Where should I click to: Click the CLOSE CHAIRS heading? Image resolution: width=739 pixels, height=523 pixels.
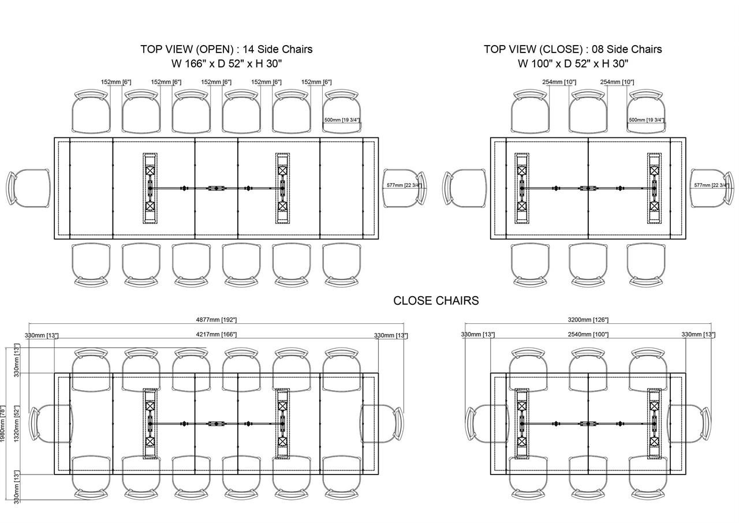pyautogui.click(x=436, y=300)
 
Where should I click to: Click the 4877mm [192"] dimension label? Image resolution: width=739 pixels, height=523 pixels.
pyautogui.click(x=217, y=320)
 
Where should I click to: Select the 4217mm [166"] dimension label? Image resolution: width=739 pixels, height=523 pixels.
pyautogui.click(x=217, y=334)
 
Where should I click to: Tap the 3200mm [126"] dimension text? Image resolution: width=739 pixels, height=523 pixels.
pyautogui.click(x=588, y=320)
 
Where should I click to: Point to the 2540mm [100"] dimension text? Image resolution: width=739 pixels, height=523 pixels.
pyautogui.click(x=588, y=334)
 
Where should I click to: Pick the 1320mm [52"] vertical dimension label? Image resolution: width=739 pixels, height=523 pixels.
pyautogui.click(x=17, y=424)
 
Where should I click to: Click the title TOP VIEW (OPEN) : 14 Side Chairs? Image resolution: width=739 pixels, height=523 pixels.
pyautogui.click(x=226, y=49)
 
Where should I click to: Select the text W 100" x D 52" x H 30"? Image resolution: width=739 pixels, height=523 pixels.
pyautogui.click(x=573, y=63)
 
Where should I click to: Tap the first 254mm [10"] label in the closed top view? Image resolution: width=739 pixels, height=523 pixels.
pyautogui.click(x=559, y=82)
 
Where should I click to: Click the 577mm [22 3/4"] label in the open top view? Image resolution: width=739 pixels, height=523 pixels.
pyautogui.click(x=405, y=185)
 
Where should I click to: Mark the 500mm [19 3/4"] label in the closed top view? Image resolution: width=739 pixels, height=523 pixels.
pyautogui.click(x=647, y=119)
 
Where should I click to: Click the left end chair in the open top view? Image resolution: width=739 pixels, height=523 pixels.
pyautogui.click(x=28, y=188)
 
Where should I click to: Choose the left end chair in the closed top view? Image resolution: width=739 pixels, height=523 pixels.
pyautogui.click(x=465, y=188)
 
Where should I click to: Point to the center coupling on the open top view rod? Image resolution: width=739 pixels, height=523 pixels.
pyautogui.click(x=217, y=188)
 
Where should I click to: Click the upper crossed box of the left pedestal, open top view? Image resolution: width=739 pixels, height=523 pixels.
pyautogui.click(x=150, y=170)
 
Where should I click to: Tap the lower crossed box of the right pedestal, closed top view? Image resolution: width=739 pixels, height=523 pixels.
pyautogui.click(x=654, y=206)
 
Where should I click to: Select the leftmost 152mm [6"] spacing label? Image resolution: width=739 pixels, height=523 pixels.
pyautogui.click(x=116, y=82)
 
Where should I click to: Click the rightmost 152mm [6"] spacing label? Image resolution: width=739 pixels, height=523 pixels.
pyautogui.click(x=316, y=82)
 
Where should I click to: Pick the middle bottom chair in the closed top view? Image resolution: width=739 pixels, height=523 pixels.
pyautogui.click(x=588, y=264)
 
